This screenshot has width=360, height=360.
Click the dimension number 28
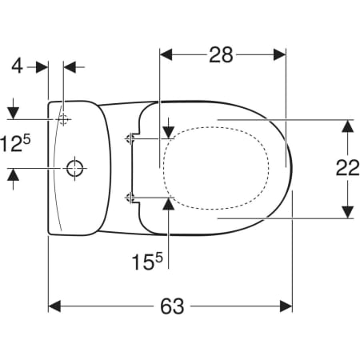pos(221,55)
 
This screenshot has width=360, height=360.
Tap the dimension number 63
pos(172,306)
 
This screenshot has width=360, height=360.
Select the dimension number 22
pos(347,168)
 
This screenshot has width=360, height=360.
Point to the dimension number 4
pos(17,66)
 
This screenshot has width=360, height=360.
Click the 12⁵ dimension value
pos(15,144)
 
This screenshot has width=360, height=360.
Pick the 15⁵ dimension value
pos(147,262)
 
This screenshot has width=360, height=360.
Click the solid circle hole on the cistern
pos(74,168)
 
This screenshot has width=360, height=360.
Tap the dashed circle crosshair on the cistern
pos(63,119)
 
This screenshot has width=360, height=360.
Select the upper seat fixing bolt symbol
pos(130,138)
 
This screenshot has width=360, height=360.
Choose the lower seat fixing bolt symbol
pos(130,198)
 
